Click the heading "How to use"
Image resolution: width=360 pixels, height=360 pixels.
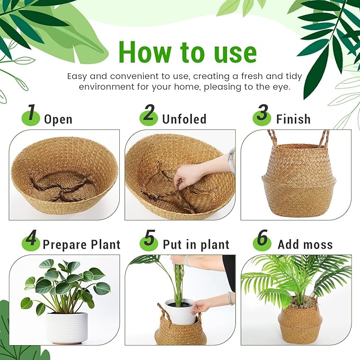click(187, 52)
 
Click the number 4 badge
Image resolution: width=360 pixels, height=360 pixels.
click(31, 241)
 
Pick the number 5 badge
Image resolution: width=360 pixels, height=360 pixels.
click(149, 241)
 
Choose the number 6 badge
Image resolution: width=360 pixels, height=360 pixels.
click(262, 241)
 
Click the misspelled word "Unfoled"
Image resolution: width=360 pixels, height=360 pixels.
click(184, 119)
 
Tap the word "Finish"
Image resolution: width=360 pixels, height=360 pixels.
click(293, 119)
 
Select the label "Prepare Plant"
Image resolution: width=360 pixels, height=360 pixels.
click(81, 244)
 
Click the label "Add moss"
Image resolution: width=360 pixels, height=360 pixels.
click(305, 244)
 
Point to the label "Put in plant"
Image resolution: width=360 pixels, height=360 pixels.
click(196, 244)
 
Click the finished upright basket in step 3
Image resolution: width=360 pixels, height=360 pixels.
click(295, 180)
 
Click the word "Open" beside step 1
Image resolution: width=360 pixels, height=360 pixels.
click(58, 119)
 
